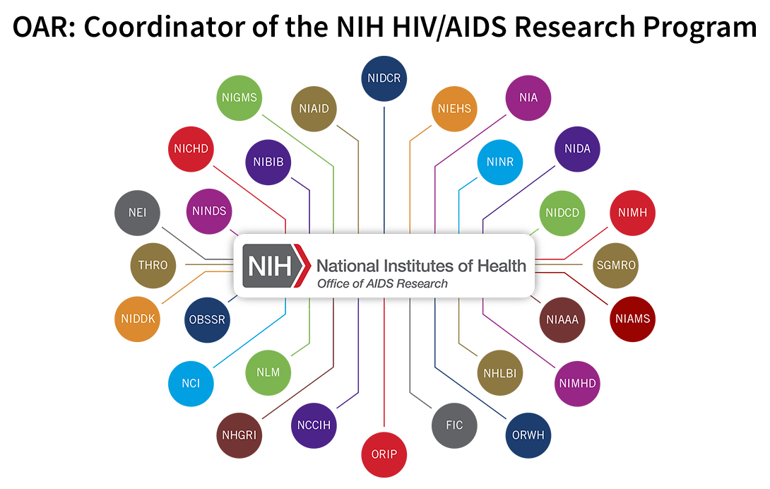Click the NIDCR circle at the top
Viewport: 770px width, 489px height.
384,78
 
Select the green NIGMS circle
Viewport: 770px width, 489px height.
239,98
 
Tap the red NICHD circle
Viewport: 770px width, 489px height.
191,149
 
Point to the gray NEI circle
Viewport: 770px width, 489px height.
138,212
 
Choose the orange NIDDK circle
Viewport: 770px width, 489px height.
138,319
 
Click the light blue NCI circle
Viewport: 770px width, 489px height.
191,383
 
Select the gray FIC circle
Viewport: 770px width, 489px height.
454,425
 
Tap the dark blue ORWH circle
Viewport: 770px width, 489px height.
528,435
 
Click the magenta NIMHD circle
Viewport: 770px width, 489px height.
579,384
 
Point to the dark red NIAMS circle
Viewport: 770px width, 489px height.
632,319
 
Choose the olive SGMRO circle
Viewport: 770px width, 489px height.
615,266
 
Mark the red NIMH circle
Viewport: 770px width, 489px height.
632,212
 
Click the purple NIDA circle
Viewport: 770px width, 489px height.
577,149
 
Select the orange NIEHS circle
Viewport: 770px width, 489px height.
454,109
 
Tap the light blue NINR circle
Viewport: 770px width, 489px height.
499,162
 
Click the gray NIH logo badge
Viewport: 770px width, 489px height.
275,266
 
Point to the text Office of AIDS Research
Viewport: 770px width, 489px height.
382,283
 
